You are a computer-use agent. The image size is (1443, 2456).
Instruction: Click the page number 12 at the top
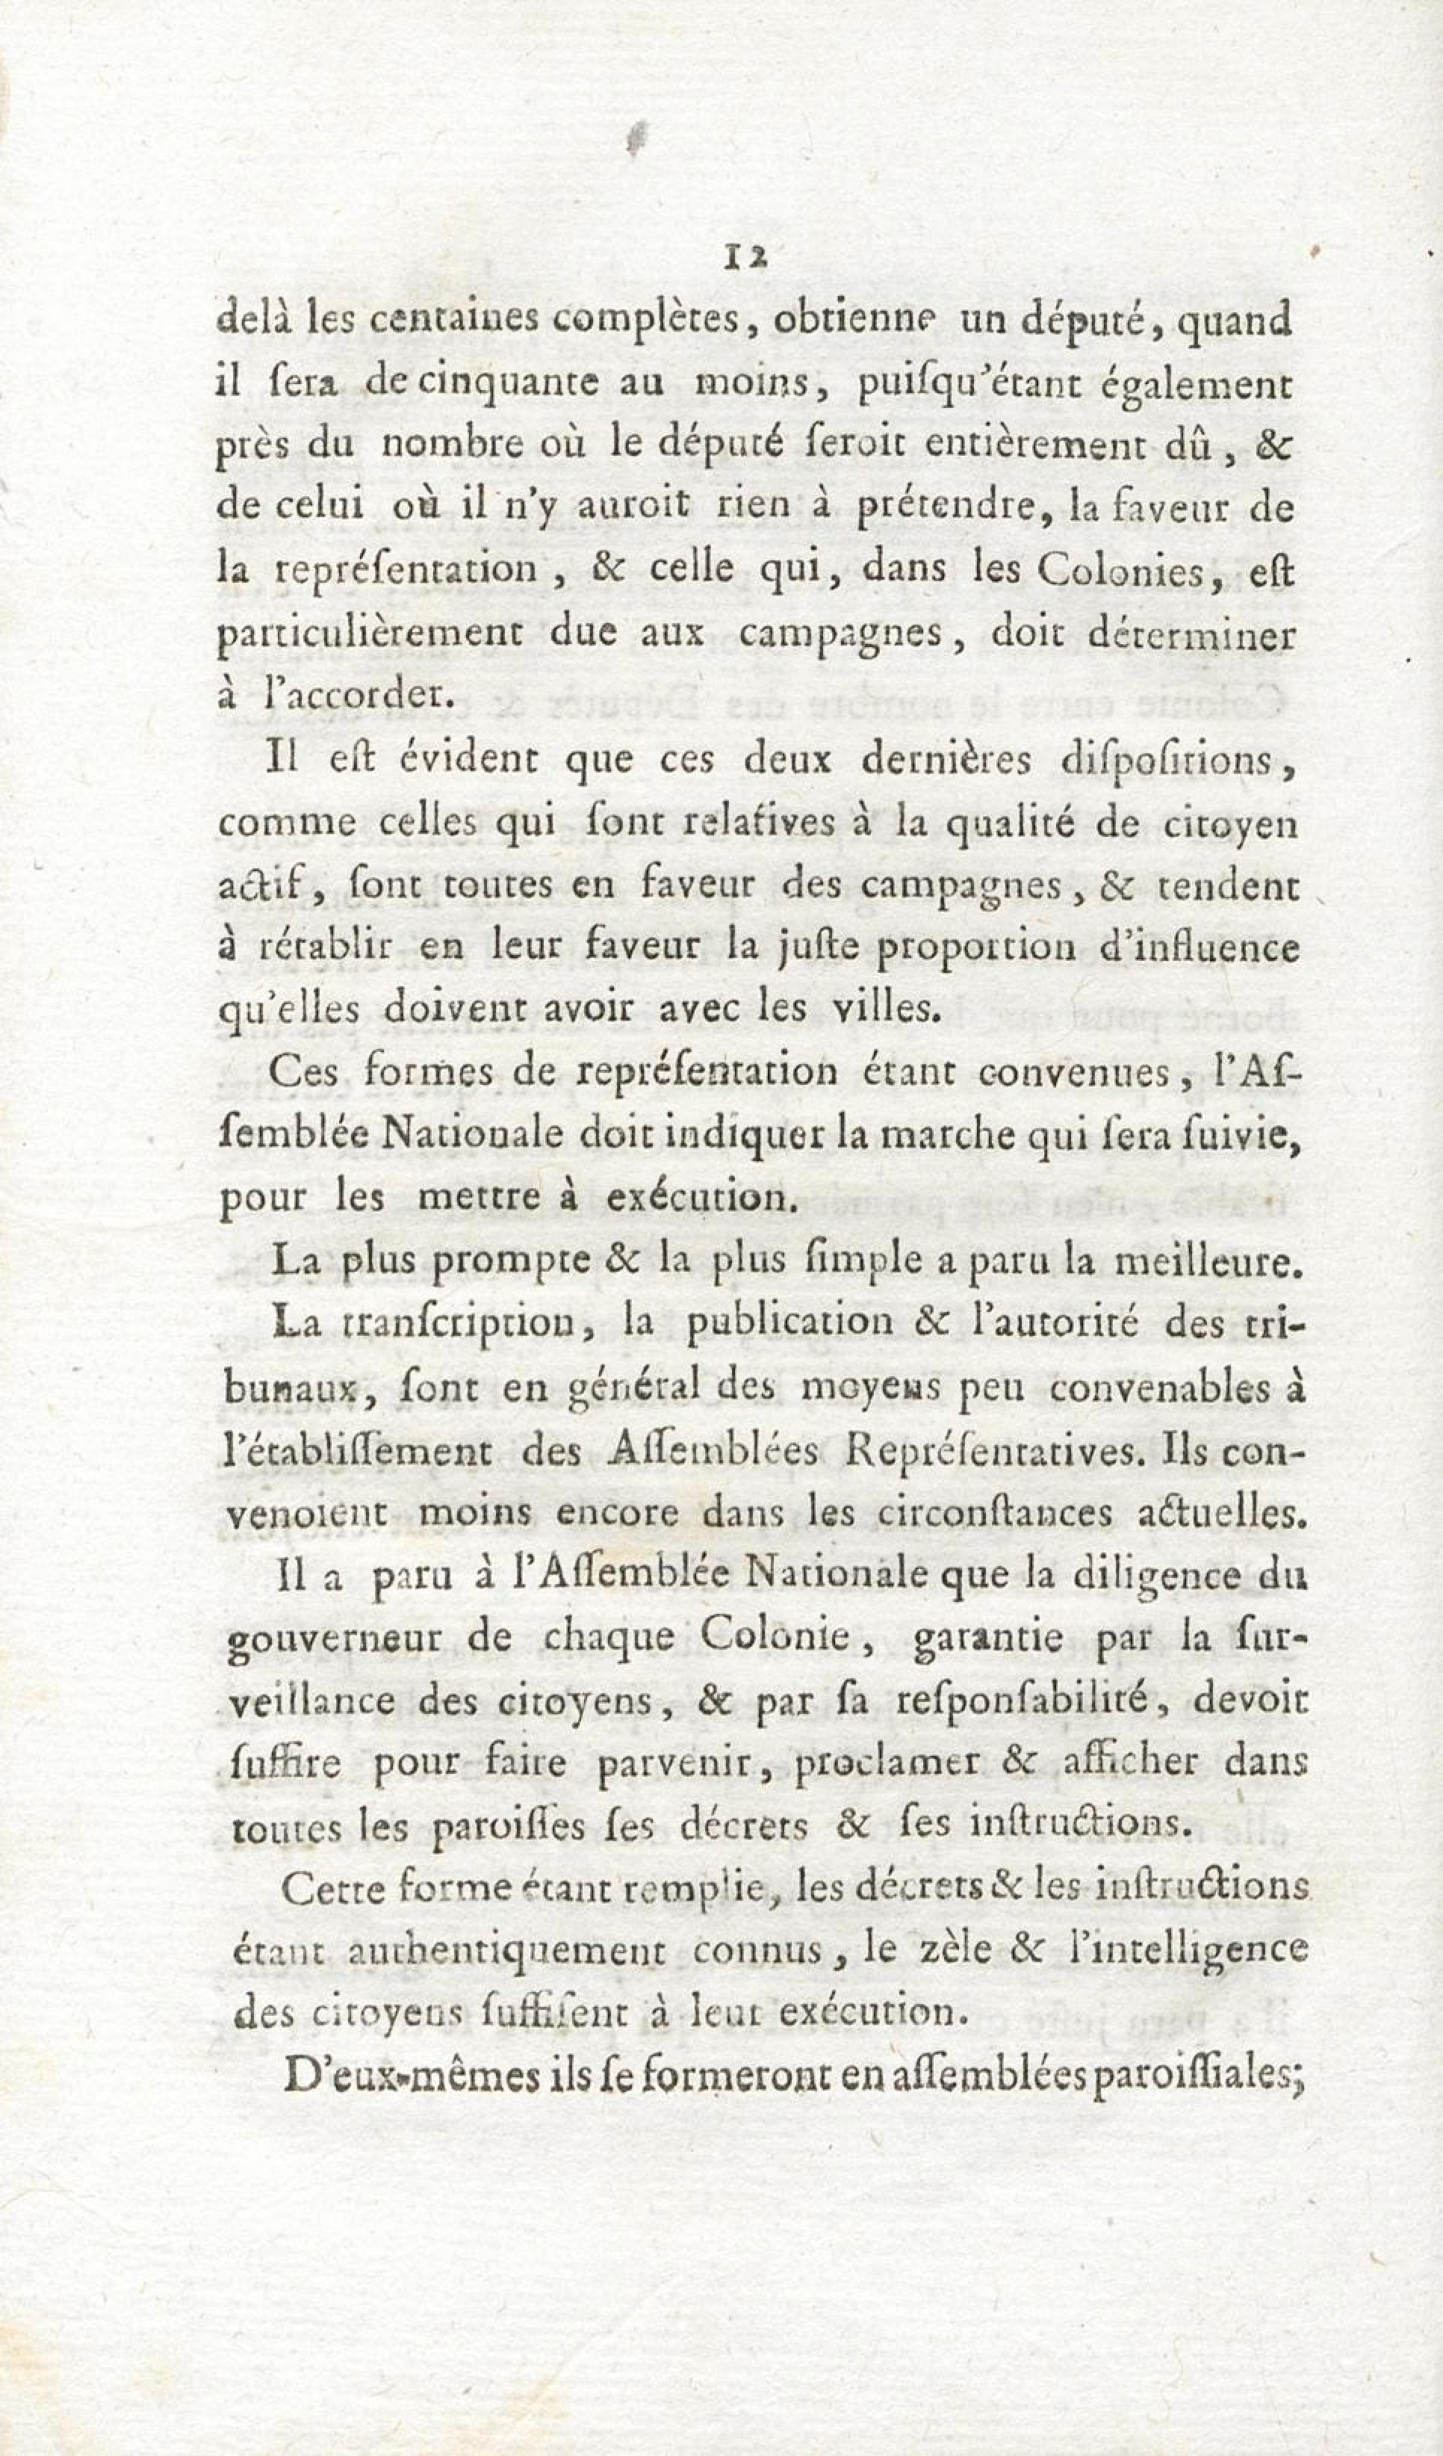pyautogui.click(x=742, y=256)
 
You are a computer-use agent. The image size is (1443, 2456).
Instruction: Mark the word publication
pyautogui.click(x=790, y=1326)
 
